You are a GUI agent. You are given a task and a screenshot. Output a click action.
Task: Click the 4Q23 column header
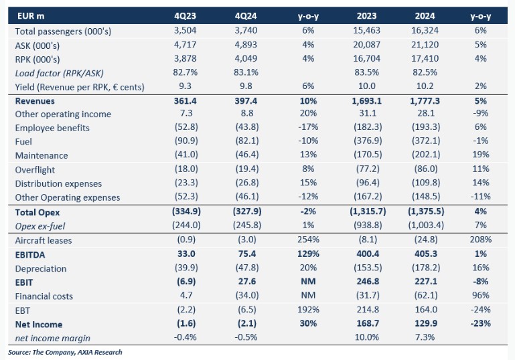pyautogui.click(x=186, y=16)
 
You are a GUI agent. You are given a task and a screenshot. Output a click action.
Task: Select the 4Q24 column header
pyautogui.click(x=246, y=16)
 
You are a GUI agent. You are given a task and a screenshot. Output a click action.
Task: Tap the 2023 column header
pyautogui.click(x=366, y=16)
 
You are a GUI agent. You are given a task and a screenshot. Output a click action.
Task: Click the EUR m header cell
pyautogui.click(x=31, y=16)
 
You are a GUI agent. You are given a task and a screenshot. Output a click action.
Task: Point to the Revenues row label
pyautogui.click(x=35, y=101)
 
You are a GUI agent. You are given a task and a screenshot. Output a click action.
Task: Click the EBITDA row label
pyautogui.click(x=30, y=255)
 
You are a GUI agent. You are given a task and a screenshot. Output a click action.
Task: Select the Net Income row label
pyautogui.click(x=39, y=325)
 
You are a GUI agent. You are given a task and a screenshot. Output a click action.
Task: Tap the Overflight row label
pyautogui.click(x=35, y=170)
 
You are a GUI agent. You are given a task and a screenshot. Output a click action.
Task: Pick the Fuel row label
pyautogui.click(x=23, y=141)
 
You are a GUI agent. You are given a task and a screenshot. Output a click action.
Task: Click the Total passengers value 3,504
pyautogui.click(x=186, y=31)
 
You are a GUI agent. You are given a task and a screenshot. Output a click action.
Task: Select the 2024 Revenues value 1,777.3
pyautogui.click(x=425, y=101)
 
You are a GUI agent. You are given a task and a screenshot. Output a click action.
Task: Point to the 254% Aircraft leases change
pyautogui.click(x=308, y=240)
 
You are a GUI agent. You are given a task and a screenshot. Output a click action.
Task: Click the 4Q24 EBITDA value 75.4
pyautogui.click(x=246, y=254)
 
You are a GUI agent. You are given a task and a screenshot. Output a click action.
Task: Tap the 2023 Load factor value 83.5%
pyautogui.click(x=366, y=72)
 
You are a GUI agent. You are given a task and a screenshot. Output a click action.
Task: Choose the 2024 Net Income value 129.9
pyautogui.click(x=426, y=324)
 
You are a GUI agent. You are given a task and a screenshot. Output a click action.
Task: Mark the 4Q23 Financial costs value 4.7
pyautogui.click(x=186, y=295)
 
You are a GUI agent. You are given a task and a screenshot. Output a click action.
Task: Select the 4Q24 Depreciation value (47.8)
pyautogui.click(x=247, y=268)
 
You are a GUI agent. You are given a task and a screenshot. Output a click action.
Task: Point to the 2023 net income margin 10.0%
pyautogui.click(x=366, y=337)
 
